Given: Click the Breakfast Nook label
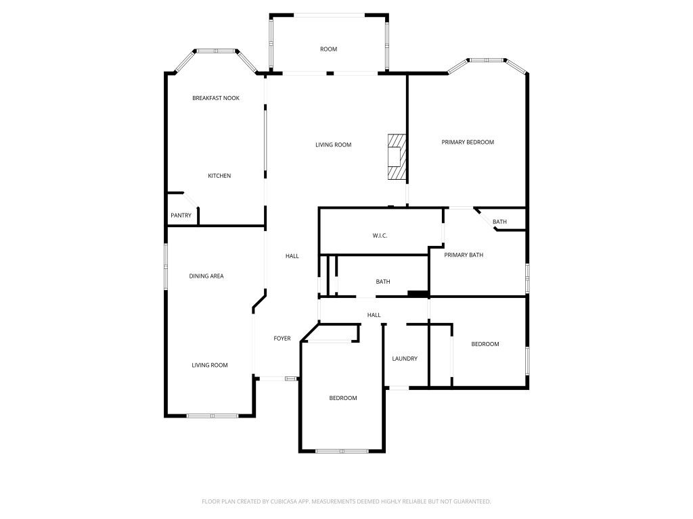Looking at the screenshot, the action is [x=216, y=98].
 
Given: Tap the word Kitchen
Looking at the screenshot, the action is [x=219, y=176].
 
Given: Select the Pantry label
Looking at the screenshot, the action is [x=181, y=216].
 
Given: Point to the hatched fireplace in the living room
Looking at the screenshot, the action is [x=397, y=157].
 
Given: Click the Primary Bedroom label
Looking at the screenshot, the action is [x=468, y=142].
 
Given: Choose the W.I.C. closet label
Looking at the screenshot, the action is [x=380, y=236].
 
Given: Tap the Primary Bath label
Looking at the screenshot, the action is [x=464, y=255].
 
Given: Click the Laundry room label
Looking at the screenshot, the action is [x=405, y=358].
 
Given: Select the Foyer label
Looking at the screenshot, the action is [x=282, y=339].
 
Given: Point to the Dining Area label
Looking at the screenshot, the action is [x=206, y=276].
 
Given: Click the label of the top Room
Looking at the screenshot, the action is [x=328, y=49].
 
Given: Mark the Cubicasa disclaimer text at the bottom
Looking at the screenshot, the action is [x=346, y=501].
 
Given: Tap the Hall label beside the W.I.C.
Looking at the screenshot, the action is [x=292, y=256].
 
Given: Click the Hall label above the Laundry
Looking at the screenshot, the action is [x=374, y=315].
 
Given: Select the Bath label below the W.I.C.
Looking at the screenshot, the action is [x=383, y=282].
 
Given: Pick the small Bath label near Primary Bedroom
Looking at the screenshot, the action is [x=499, y=222].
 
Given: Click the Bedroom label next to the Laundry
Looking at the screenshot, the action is [x=485, y=344].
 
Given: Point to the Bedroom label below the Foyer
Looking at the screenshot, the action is [x=343, y=398].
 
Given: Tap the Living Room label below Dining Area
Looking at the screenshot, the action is [x=210, y=365].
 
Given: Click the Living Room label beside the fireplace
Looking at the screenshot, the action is [x=333, y=145].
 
